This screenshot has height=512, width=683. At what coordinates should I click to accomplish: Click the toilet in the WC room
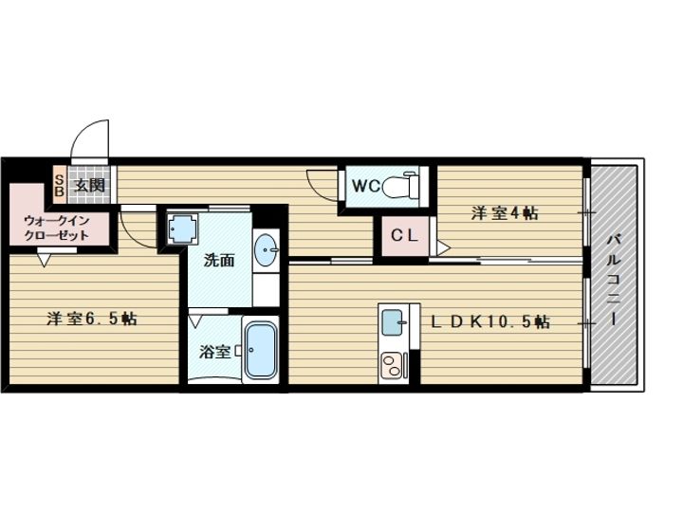pyautogui.click(x=400, y=186)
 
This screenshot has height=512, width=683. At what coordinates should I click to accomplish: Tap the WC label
pyautogui.click(x=366, y=187)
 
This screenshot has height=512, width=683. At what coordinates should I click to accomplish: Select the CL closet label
pyautogui.click(x=404, y=236)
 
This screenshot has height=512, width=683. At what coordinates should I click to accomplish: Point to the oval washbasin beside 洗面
pyautogui.click(x=267, y=250)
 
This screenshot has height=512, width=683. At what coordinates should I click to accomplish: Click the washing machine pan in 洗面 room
pyautogui.click(x=182, y=229)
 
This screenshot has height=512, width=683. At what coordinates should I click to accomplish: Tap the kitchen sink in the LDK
pyautogui.click(x=394, y=322)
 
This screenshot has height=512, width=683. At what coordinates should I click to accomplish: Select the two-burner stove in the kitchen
pyautogui.click(x=394, y=365)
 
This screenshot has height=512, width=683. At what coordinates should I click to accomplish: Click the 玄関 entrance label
pyautogui.click(x=90, y=185)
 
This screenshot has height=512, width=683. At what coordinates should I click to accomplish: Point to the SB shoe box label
pyautogui.click(x=60, y=186)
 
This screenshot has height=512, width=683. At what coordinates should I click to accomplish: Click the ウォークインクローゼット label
pyautogui.click(x=57, y=228)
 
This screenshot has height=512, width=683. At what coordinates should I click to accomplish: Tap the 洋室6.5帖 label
pyautogui.click(x=92, y=319)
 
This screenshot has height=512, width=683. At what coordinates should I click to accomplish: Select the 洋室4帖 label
pyautogui.click(x=505, y=213)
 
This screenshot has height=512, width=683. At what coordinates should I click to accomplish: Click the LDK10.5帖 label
pyautogui.click(x=490, y=321)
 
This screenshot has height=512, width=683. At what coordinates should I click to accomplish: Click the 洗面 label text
pyautogui.click(x=219, y=261)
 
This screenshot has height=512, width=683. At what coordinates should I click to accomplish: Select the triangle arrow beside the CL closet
pyautogui.click(x=444, y=248)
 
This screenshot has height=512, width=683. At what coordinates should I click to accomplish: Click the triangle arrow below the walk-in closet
pyautogui.click(x=45, y=260)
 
